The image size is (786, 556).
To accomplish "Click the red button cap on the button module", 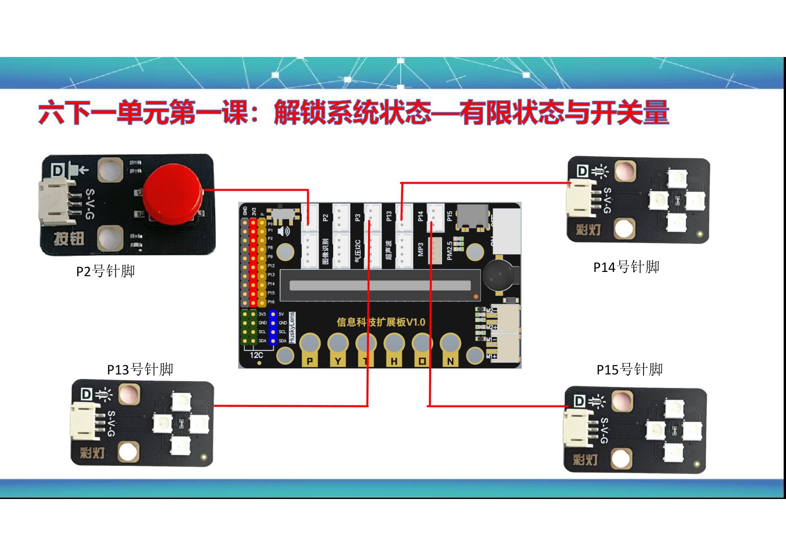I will coord(173,192).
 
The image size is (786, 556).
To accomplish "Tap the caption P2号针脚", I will coord(106,271).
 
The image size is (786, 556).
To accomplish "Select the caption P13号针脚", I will coord(140,370).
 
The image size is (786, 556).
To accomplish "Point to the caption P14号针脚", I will coord(626,267).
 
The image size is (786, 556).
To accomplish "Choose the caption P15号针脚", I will coord(630,370).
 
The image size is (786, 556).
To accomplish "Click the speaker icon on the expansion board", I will coord(283,231).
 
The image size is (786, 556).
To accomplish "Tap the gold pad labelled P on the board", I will coord(310,361).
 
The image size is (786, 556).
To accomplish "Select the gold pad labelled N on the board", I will coord(450,361).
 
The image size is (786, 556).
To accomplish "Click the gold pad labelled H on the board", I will coord(394,361).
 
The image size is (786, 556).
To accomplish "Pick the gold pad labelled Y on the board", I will coord(338,361).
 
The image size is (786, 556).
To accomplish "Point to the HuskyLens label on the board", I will coord(292,328).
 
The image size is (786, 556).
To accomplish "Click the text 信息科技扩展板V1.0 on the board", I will coord(381,322).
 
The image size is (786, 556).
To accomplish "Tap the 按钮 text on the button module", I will coord(69,239).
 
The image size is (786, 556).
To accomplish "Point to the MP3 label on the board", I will coord(420,249).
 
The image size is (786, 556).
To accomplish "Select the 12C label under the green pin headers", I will coord(256,355).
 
